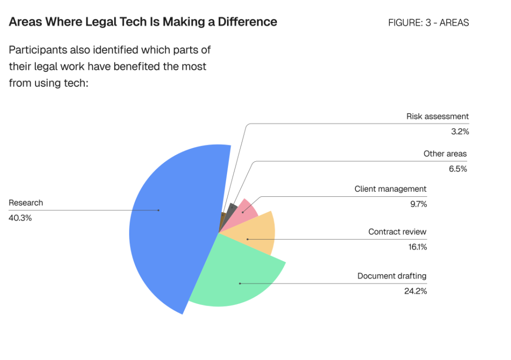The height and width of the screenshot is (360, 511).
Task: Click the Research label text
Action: pyautogui.click(x=26, y=203)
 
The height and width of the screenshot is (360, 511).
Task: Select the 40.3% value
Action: pyautogui.click(x=20, y=218)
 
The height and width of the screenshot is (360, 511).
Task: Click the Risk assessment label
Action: pyautogui.click(x=438, y=116)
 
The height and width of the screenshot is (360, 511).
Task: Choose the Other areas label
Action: pyautogui.click(x=445, y=154)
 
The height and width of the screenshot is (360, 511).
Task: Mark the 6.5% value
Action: pyautogui.click(x=458, y=169)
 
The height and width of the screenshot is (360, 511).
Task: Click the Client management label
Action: pyautogui.click(x=390, y=189)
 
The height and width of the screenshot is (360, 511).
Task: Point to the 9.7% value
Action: pyautogui.click(x=418, y=204)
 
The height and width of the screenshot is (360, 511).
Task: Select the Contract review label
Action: pyautogui.click(x=397, y=232)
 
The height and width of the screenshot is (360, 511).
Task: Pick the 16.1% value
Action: pyautogui.click(x=417, y=247)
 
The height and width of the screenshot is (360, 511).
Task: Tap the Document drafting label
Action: pyautogui.click(x=392, y=276)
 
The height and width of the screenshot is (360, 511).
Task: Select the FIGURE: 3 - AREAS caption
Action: pyautogui.click(x=428, y=23)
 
